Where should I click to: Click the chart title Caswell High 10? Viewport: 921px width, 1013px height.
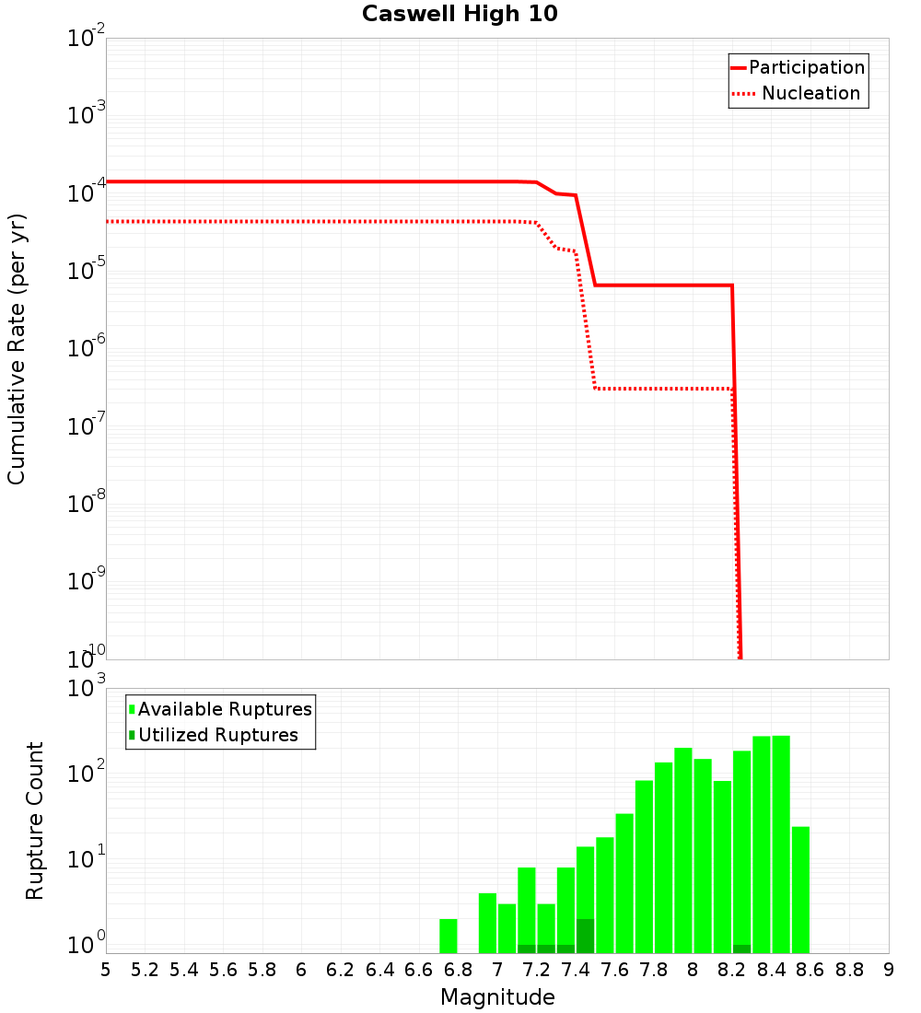[x=460, y=14]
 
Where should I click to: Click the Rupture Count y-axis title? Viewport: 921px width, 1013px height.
[x=35, y=820]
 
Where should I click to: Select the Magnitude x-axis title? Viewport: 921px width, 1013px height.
[x=497, y=997]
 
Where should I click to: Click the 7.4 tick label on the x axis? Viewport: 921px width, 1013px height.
[x=576, y=969]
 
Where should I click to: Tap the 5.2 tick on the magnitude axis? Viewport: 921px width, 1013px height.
[x=146, y=969]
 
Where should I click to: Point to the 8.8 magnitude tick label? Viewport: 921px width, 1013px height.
[x=849, y=969]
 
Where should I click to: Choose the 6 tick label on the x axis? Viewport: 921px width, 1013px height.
[x=301, y=969]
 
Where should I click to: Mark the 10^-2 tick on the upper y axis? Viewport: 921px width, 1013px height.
[x=87, y=39]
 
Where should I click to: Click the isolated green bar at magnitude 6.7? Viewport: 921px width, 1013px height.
[x=449, y=936]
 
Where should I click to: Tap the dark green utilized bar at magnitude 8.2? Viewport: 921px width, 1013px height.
[x=741, y=949]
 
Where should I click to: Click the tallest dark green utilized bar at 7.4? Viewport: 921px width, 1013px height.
[x=585, y=936]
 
